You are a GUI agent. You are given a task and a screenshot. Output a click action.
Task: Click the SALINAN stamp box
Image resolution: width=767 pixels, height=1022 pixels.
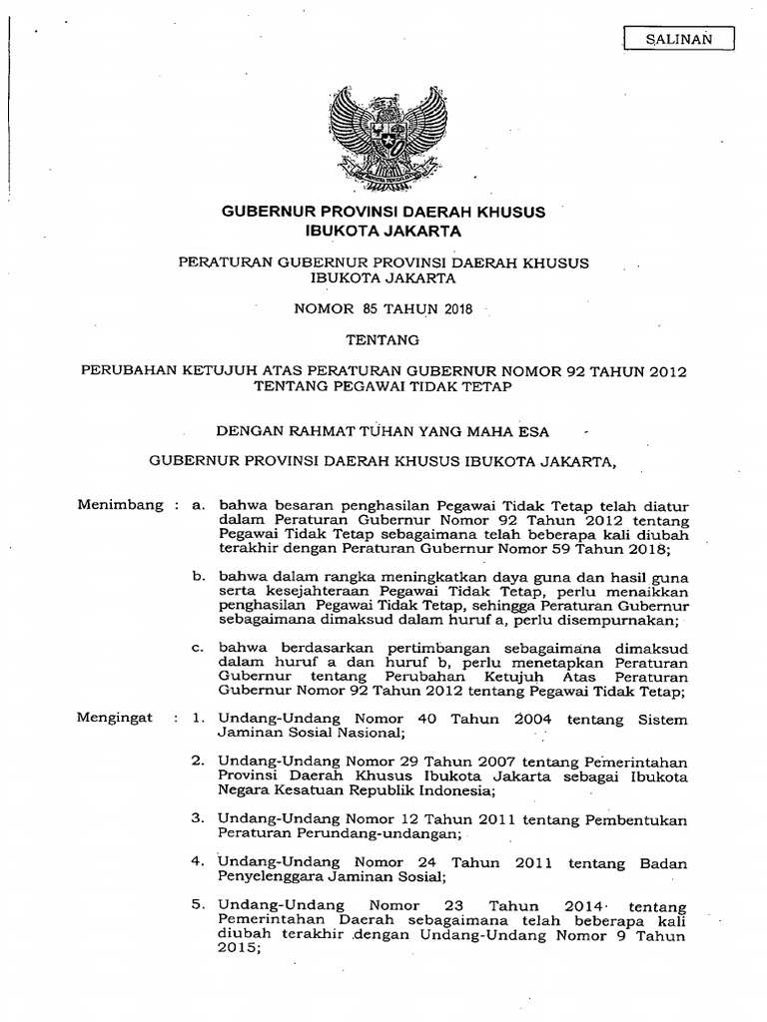[678, 39]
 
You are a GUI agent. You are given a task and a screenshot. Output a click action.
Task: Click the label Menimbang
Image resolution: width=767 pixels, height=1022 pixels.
[120, 505]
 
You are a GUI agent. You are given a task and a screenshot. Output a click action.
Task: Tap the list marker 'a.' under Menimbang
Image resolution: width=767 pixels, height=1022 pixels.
[199, 506]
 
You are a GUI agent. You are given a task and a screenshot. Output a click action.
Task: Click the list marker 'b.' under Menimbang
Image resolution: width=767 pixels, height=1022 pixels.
[199, 577]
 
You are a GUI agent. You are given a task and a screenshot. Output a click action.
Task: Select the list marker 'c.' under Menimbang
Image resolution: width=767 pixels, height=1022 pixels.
[199, 648]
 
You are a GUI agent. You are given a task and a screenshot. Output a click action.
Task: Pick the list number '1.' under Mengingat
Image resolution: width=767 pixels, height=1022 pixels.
[198, 718]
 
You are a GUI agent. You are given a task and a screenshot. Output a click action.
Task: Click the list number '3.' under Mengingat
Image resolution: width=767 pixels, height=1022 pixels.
[198, 819]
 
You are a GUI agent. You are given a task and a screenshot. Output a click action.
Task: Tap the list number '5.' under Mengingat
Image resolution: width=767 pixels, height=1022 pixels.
[198, 906]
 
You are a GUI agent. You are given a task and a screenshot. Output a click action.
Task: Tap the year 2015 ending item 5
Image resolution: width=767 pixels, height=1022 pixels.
[237, 950]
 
